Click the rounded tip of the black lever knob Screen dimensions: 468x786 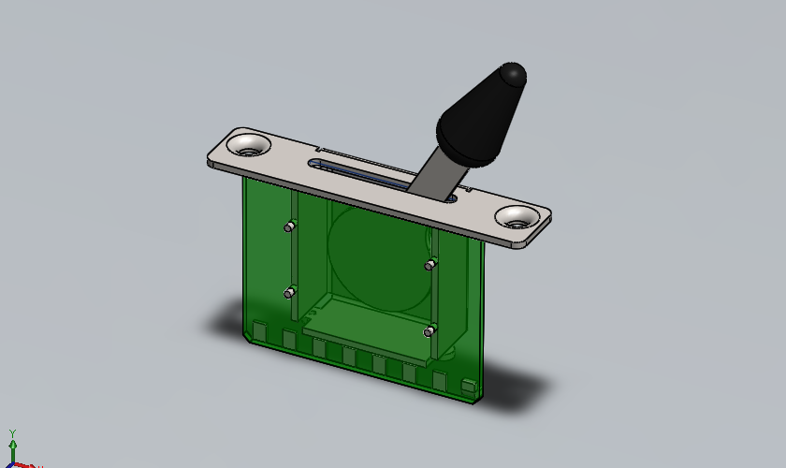[513, 73]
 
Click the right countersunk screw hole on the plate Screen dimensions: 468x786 [517, 218]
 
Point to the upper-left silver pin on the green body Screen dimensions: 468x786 [290, 226]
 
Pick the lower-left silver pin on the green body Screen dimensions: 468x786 [290, 293]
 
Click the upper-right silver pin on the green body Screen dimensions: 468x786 [430, 265]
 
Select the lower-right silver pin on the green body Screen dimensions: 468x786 [429, 330]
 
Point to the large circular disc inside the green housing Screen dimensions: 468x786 [374, 257]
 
